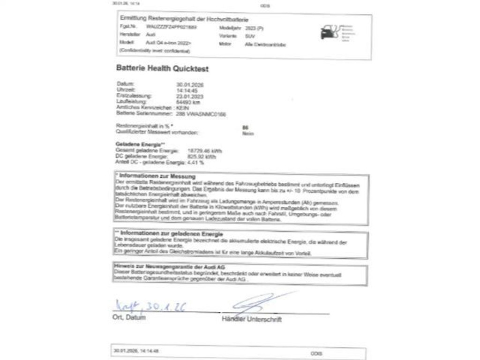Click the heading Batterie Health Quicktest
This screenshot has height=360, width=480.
(162, 68)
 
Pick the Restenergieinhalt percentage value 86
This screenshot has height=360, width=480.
(246, 127)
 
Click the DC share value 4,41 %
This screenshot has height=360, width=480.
(195, 163)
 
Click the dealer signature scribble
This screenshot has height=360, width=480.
(260, 304)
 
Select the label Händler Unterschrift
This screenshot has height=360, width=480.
(252, 320)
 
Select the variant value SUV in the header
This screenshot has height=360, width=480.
(250, 36)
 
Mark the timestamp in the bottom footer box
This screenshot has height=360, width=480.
(136, 351)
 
